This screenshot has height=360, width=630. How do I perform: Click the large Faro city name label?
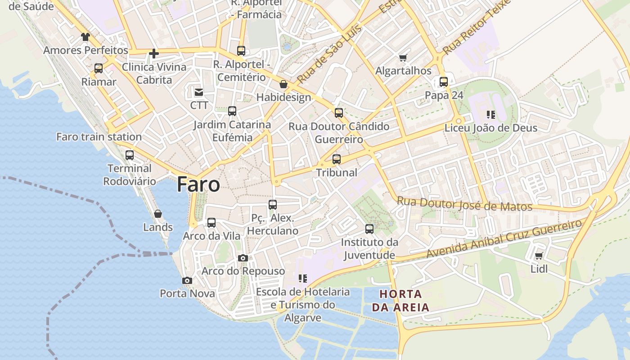pos(198,184)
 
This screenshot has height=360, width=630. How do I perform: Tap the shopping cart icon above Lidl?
pos(539,256)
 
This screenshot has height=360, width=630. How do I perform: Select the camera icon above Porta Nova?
pos(187,280)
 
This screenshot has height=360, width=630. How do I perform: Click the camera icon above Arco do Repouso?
pos(243,258)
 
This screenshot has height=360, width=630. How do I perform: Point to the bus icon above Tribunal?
pos(337,159)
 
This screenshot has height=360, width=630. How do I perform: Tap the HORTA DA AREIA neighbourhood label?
pos(400,301)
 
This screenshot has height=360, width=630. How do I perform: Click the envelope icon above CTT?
pos(198,92)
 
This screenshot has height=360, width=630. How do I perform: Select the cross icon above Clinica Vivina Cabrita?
pos(154,54)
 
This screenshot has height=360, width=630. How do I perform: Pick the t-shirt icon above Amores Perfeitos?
pos(85,36)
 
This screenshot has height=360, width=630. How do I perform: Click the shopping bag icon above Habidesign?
pos(283,84)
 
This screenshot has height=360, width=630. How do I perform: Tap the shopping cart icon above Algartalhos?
pos(403,58)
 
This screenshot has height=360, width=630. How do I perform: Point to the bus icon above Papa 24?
pos(444,82)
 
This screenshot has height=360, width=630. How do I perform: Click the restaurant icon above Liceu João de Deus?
pos(490,115)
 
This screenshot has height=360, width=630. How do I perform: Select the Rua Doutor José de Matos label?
pos(464,204)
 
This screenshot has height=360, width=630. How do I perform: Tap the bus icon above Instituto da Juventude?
pos(369,229)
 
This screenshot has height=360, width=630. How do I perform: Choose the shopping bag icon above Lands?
pos(158,214)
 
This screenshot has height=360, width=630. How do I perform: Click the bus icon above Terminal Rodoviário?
pos(130,155)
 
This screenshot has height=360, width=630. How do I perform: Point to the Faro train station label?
pos(99,137)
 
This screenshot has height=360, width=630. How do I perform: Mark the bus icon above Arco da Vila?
pos(211,223)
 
